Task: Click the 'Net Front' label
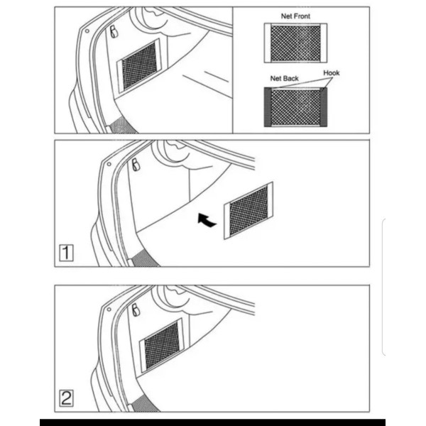[x=295, y=16]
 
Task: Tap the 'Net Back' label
[x=284, y=79]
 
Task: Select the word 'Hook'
[x=331, y=73]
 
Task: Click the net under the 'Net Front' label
[x=295, y=43]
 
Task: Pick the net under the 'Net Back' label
[x=295, y=107]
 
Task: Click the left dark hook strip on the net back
[x=268, y=107]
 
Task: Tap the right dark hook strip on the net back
[x=324, y=107]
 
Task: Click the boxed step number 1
[x=66, y=253]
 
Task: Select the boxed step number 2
[x=66, y=398]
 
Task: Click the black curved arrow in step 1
[x=206, y=220]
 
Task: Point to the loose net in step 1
[x=248, y=211]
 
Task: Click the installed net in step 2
[x=162, y=346]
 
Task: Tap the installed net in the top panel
[x=139, y=66]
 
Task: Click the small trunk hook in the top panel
[x=114, y=32]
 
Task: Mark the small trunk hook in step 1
[x=136, y=165]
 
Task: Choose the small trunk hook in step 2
[x=136, y=310]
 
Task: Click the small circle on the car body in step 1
[x=109, y=164]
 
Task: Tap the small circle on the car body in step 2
[x=109, y=309]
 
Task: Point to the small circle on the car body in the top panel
[x=87, y=31]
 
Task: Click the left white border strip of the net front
[x=268, y=43]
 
